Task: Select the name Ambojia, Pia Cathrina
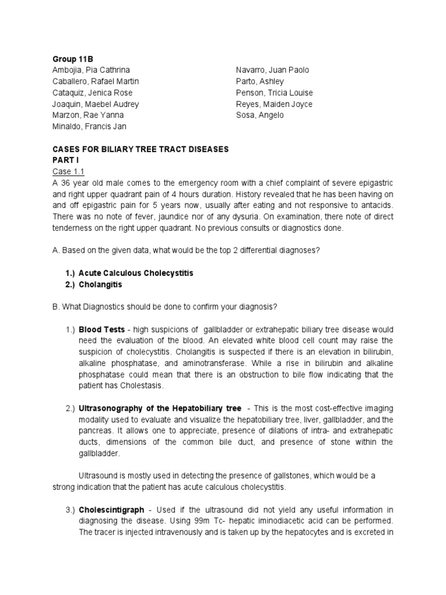tap(91, 70)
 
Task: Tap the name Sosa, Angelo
tap(260, 115)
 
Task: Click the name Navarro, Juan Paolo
tap(272, 70)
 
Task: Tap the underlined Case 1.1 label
tap(63, 172)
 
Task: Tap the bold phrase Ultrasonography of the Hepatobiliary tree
tap(160, 408)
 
